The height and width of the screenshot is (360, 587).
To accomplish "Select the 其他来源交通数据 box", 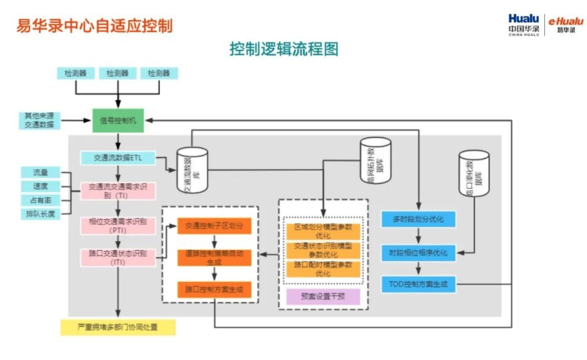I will pyautogui.click(x=39, y=121).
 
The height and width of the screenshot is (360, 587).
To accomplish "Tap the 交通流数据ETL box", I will pyautogui.click(x=118, y=158).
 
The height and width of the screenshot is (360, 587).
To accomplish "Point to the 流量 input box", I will pyautogui.click(x=40, y=172).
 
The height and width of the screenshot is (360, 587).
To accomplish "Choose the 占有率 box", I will pyautogui.click(x=40, y=200).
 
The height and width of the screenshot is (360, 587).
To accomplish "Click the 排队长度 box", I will pyautogui.click(x=40, y=214).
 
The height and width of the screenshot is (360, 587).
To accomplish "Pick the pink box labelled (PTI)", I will pyautogui.click(x=118, y=226).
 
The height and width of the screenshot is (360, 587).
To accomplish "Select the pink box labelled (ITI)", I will pyautogui.click(x=118, y=257).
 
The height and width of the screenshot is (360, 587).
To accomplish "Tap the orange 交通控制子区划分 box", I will pyautogui.click(x=214, y=226).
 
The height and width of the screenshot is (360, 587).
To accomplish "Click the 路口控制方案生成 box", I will pyautogui.click(x=214, y=290).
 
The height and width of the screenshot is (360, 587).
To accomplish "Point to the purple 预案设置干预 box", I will pyautogui.click(x=323, y=296).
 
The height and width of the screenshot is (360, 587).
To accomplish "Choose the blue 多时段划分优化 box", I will pyautogui.click(x=419, y=219).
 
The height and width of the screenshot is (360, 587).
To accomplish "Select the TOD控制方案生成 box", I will pyautogui.click(x=419, y=284).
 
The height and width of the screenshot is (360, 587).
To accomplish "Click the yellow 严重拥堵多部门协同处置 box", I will pyautogui.click(x=118, y=327).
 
